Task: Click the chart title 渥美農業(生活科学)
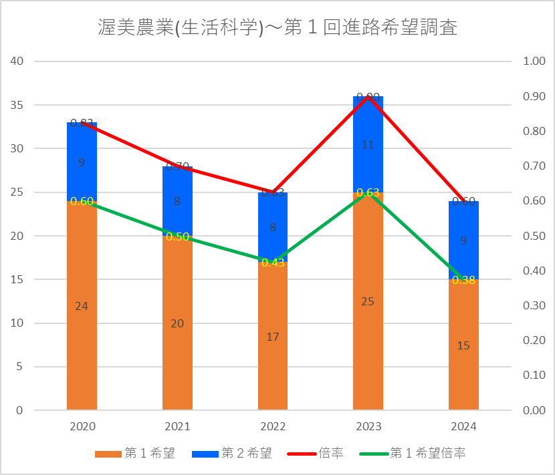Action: click(277, 29)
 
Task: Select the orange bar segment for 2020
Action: click(82, 334)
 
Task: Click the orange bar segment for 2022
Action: click(272, 361)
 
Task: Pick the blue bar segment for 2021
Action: click(177, 214)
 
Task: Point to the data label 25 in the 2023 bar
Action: click(368, 301)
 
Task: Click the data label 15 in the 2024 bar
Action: click(463, 345)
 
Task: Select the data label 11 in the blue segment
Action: click(368, 144)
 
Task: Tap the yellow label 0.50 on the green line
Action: click(177, 236)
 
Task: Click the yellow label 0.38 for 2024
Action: click(463, 280)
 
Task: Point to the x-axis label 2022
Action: click(272, 427)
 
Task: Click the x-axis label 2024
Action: click(463, 427)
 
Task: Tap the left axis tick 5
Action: click(20, 367)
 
